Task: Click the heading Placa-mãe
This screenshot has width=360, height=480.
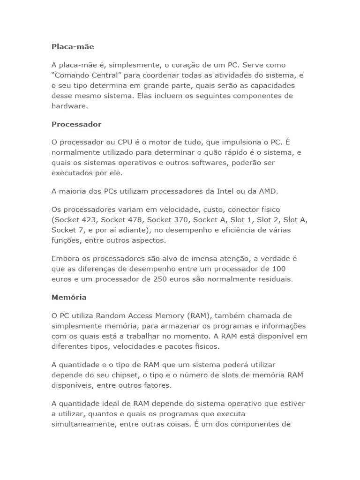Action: click(x=73, y=46)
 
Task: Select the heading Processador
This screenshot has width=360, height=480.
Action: click(x=76, y=124)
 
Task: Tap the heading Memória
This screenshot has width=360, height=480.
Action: click(x=69, y=297)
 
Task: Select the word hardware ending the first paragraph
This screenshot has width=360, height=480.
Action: click(x=69, y=106)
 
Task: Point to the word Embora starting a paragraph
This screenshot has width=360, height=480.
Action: click(x=65, y=258)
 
